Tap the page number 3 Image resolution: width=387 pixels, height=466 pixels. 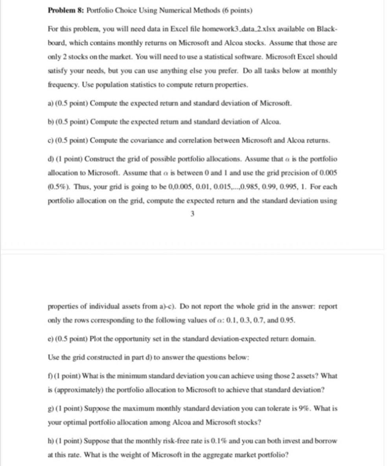pyautogui.click(x=192, y=214)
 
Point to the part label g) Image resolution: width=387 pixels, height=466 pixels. pyautogui.click(x=51, y=409)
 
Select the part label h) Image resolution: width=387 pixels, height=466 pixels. pyautogui.click(x=51, y=441)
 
